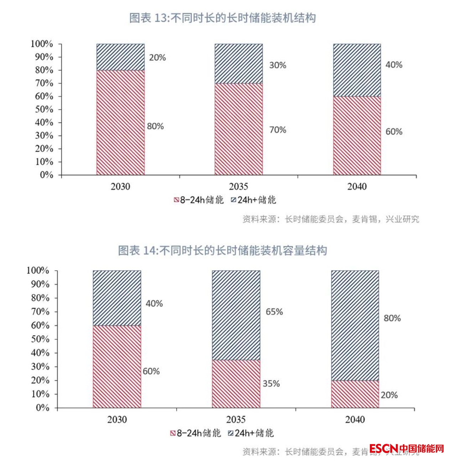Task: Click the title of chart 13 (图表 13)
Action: [x=222, y=18]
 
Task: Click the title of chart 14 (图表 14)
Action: [x=222, y=250]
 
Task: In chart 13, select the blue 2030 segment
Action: [x=120, y=57]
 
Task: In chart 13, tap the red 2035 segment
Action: [x=238, y=129]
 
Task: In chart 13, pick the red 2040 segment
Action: [x=357, y=136]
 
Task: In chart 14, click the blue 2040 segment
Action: [x=355, y=325]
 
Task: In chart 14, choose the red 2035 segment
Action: [x=236, y=383]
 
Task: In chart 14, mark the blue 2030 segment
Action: [x=117, y=298]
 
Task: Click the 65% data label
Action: [x=274, y=312]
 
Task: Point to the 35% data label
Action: [x=271, y=384]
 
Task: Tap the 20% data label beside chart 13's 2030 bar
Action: [x=157, y=58]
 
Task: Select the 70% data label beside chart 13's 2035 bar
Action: [x=277, y=130]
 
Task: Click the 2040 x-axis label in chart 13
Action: [x=357, y=186]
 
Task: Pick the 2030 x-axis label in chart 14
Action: [x=117, y=419]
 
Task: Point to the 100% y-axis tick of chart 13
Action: [x=42, y=44]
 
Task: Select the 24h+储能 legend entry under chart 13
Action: [x=253, y=200]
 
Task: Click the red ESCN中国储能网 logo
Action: [x=406, y=448]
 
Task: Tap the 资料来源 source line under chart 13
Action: [x=330, y=219]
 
